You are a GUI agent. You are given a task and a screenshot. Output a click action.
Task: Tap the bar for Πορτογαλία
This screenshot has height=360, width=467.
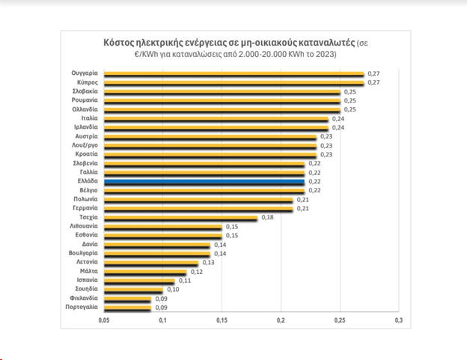(x=127, y=307)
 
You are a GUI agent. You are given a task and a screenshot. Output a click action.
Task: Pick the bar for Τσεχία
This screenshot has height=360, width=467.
(x=180, y=217)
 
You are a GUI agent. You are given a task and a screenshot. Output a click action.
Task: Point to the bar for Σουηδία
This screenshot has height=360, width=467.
(x=132, y=289)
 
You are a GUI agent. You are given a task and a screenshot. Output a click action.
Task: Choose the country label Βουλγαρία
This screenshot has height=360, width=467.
(x=83, y=253)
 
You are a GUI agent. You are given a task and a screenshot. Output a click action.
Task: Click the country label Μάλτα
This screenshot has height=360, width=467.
(x=88, y=271)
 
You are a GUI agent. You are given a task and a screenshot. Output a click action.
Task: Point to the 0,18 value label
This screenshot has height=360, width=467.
(x=267, y=217)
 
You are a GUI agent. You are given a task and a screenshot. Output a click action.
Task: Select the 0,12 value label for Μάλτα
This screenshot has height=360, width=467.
(x=197, y=272)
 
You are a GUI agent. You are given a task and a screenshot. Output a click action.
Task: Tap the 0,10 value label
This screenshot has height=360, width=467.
(x=174, y=290)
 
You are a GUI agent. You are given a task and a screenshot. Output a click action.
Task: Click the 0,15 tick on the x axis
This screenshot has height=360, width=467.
(x=222, y=320)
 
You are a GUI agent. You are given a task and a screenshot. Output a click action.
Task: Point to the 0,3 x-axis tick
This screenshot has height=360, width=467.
(x=398, y=320)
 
